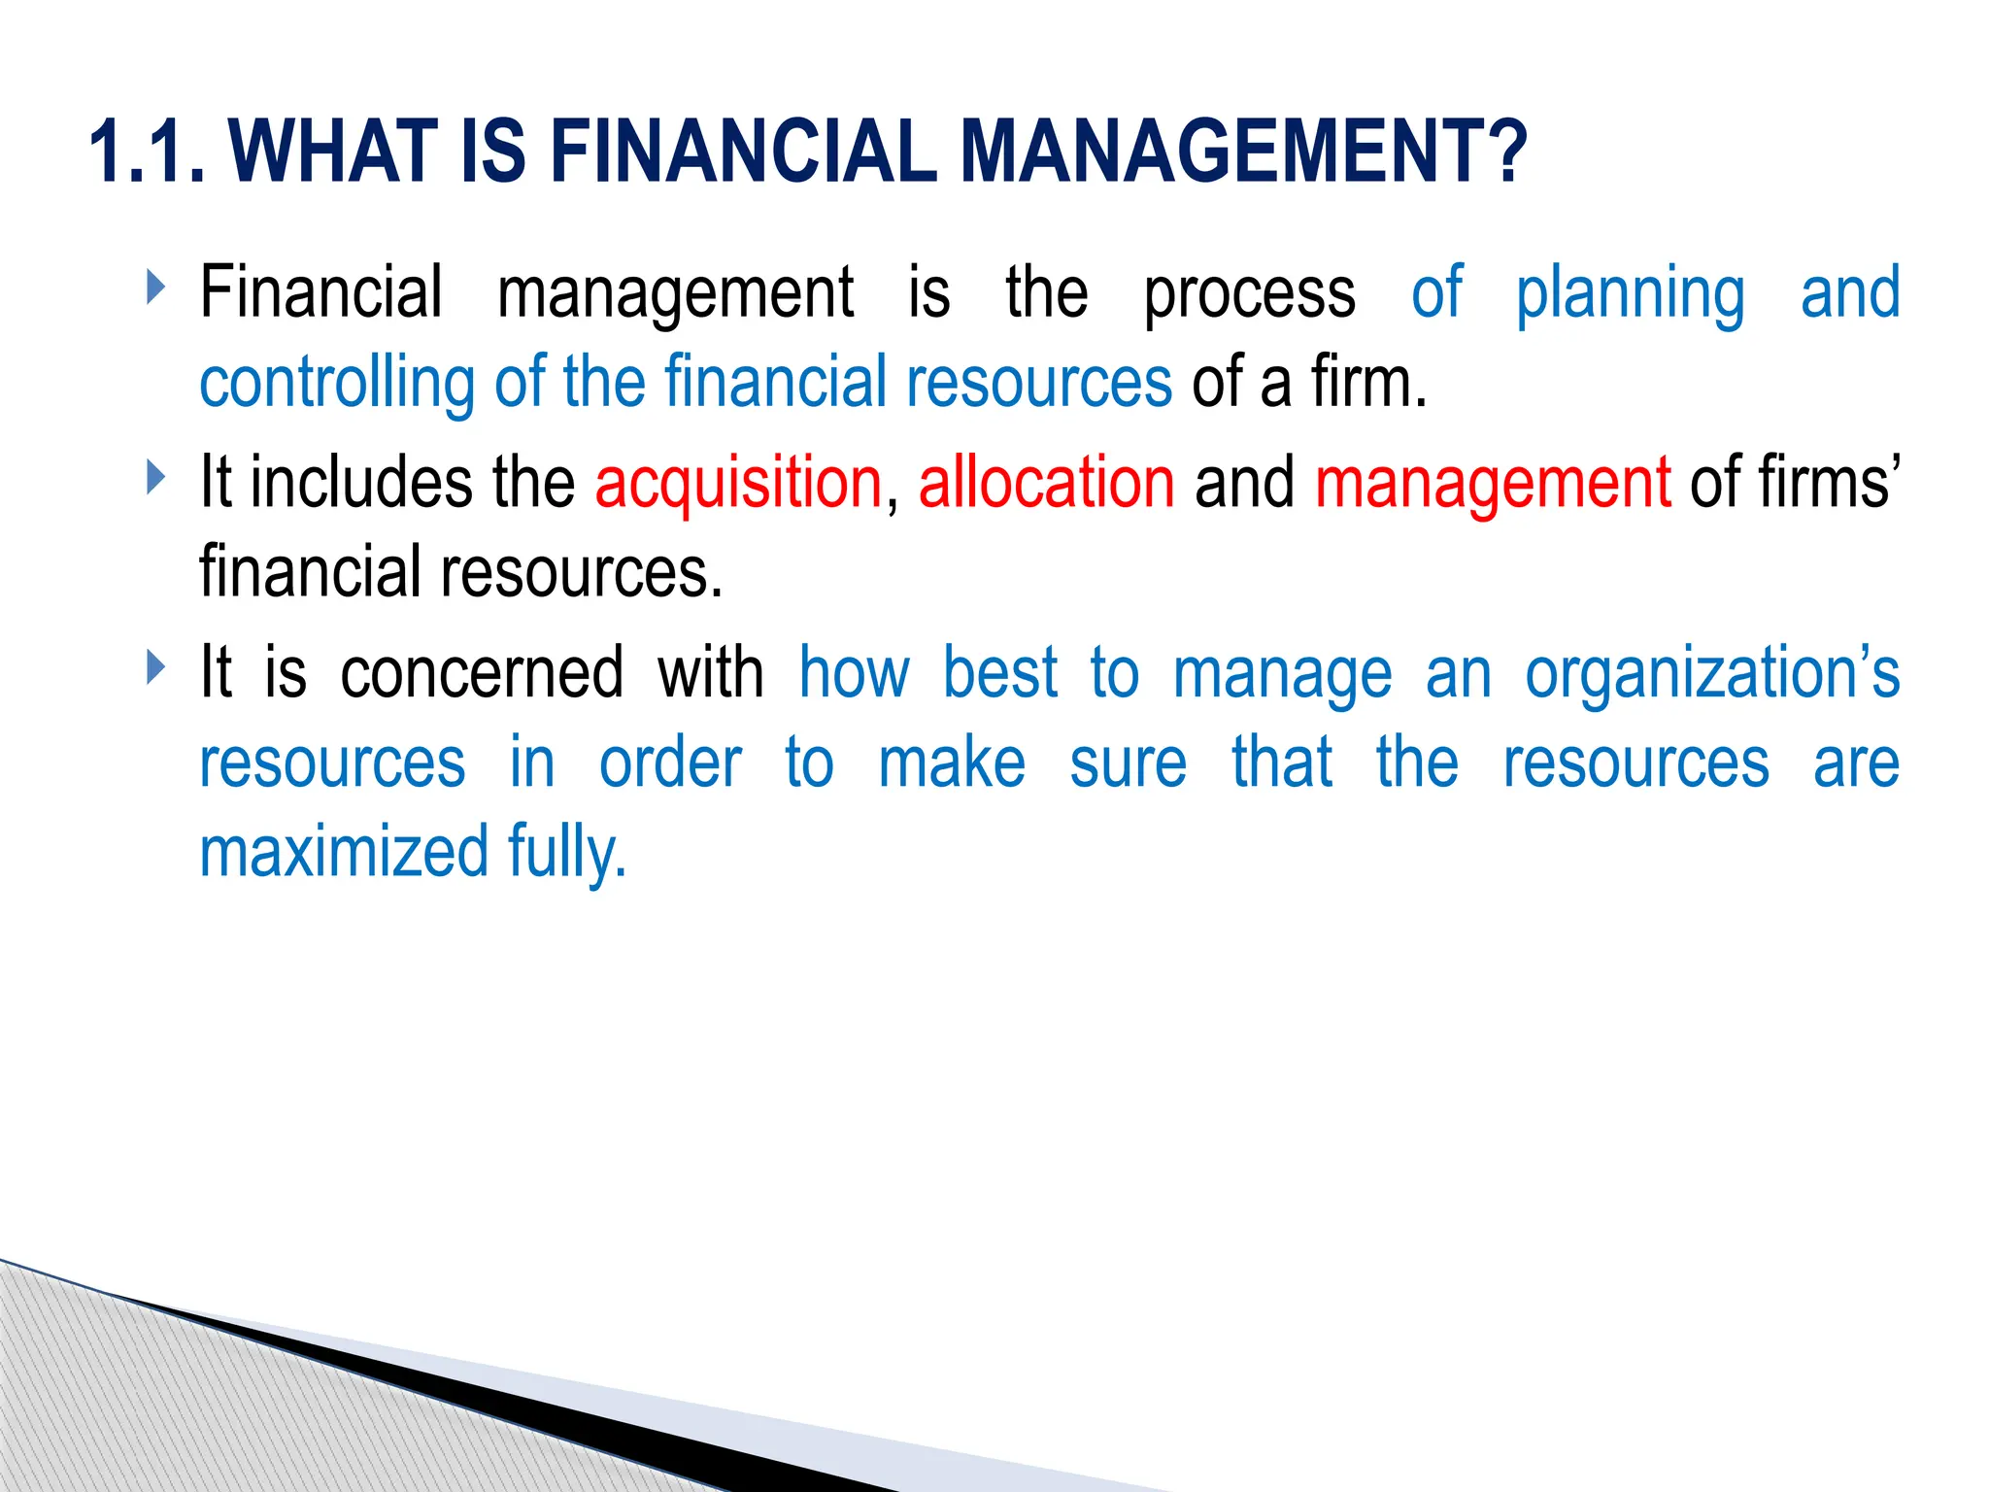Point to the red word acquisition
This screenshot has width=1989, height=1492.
[x=738, y=483]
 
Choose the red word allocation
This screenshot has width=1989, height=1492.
[x=1046, y=483]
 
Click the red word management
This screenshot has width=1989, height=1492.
[x=1493, y=483]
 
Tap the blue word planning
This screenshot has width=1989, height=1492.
[x=1630, y=292]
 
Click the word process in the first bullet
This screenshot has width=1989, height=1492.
[x=1249, y=292]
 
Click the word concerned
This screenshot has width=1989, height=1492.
[x=482, y=672]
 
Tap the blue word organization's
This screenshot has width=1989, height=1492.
[x=1711, y=672]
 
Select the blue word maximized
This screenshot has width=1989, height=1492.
[x=344, y=852]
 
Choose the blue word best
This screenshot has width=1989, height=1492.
[x=999, y=672]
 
